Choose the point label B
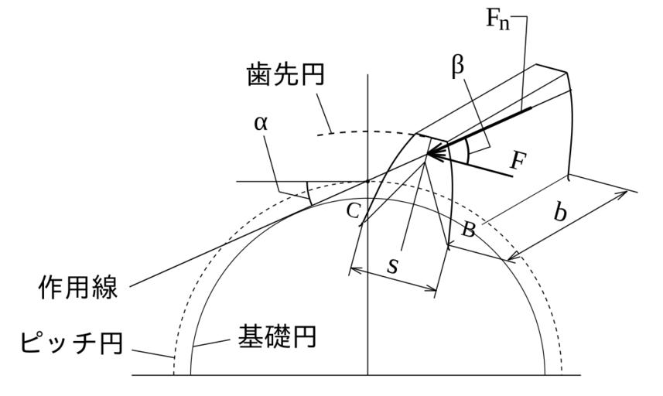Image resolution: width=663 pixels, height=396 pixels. point(467,230)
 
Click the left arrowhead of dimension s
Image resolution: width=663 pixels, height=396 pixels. point(354,269)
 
